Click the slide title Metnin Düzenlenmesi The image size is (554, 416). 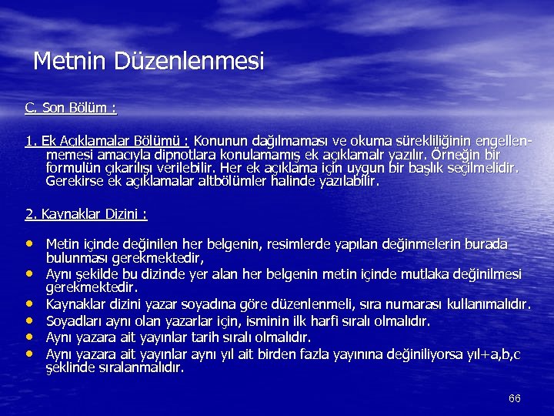(x=149, y=61)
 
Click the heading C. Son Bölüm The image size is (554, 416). (x=71, y=108)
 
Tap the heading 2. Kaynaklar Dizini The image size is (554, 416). (x=86, y=213)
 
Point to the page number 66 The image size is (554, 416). (x=515, y=398)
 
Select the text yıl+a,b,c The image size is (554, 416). (x=492, y=354)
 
